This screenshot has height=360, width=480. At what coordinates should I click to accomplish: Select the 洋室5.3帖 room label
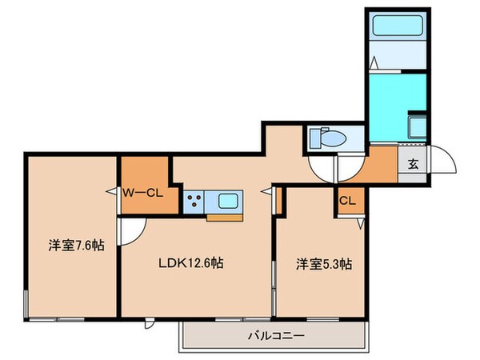pyautogui.click(x=325, y=262)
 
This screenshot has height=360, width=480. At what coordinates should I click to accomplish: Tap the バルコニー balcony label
pyautogui.click(x=274, y=335)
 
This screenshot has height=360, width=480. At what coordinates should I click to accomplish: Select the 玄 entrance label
pyautogui.click(x=413, y=165)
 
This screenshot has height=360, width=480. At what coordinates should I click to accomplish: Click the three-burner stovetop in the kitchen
pyautogui.click(x=194, y=200)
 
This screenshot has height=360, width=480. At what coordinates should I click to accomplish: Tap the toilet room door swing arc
pyautogui.click(x=323, y=168)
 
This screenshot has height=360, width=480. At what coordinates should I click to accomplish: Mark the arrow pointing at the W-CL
pyautogui.click(x=114, y=191)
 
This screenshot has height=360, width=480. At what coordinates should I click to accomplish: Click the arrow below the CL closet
pyautogui.click(x=361, y=225)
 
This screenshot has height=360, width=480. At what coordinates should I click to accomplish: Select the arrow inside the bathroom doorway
pyautogui.click(x=374, y=63)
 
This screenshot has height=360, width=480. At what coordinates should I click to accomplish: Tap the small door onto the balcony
pyautogui.click(x=150, y=324)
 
